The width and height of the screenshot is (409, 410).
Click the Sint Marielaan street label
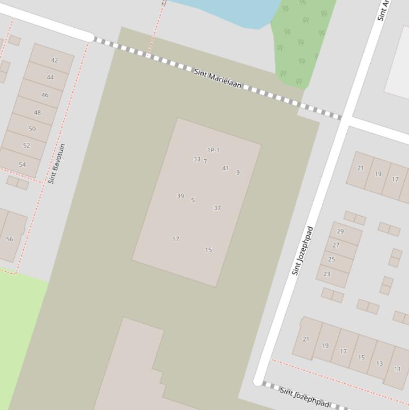tap(218, 78)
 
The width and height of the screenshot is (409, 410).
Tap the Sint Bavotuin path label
tap(56, 163)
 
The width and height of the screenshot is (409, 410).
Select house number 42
tap(54, 60)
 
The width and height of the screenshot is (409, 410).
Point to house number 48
tap(37, 112)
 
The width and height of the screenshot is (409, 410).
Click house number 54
tap(22, 165)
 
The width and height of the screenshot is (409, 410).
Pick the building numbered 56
tap(10, 239)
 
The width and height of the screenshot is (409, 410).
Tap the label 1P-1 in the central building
tap(213, 150)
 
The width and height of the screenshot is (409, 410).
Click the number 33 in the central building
tap(197, 159)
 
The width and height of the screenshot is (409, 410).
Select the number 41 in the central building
tap(225, 168)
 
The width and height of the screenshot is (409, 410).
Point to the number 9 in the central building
tap(238, 173)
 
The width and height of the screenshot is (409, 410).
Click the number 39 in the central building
tap(180, 196)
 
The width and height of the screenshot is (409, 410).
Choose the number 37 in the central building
tap(217, 208)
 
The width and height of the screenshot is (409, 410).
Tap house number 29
tap(340, 232)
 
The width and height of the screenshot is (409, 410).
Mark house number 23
tap(327, 274)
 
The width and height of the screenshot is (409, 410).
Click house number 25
tap(331, 259)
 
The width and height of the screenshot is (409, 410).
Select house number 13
tap(379, 363)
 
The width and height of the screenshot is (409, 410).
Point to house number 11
tap(397, 368)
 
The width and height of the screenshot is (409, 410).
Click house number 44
tap(50, 77)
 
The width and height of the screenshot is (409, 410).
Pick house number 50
tap(32, 129)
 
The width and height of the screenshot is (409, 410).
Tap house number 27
tap(336, 245)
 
